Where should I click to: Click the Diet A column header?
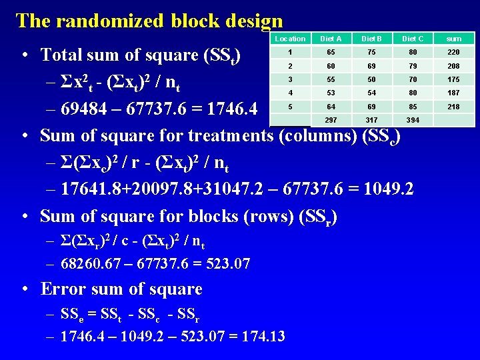(331, 39)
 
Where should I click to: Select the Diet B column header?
(371, 39)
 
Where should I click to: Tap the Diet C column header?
(412, 39)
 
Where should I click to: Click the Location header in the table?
(290, 39)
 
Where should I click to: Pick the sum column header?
(453, 39)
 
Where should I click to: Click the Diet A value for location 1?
(331, 52)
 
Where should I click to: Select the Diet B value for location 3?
(371, 79)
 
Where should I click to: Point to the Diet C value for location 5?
(412, 107)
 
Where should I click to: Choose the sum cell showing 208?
(453, 66)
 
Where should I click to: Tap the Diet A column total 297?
(331, 120)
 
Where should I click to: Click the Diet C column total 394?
(412, 120)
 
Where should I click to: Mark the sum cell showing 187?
(453, 93)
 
